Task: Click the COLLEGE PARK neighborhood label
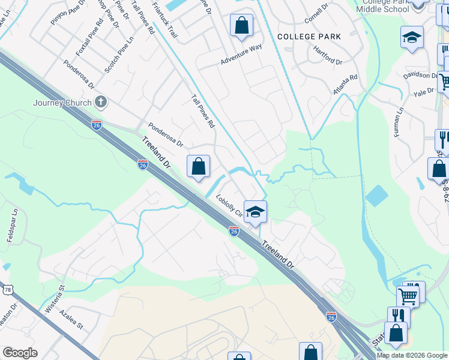(309, 37)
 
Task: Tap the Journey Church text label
(62, 103)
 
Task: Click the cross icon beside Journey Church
(101, 102)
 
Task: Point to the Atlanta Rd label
(345, 85)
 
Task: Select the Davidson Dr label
(420, 76)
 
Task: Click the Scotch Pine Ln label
(119, 55)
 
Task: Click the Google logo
(20, 353)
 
